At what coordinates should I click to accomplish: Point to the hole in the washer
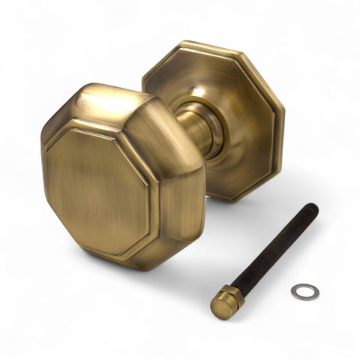pyautogui.click(x=305, y=292)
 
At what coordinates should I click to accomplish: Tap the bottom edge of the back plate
pyautogui.click(x=232, y=199)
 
